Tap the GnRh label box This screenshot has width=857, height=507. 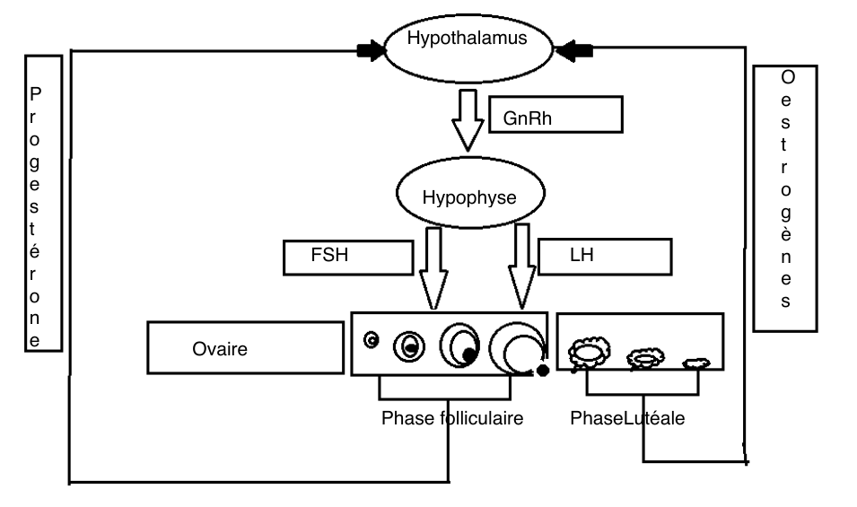[555, 115]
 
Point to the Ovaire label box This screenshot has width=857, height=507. [243, 348]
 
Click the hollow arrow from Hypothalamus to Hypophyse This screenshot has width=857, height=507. [468, 120]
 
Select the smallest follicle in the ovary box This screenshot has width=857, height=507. [372, 339]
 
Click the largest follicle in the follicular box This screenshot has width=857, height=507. [517, 345]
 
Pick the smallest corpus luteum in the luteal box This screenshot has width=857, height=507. [696, 363]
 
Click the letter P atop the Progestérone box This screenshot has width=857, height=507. [35, 92]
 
